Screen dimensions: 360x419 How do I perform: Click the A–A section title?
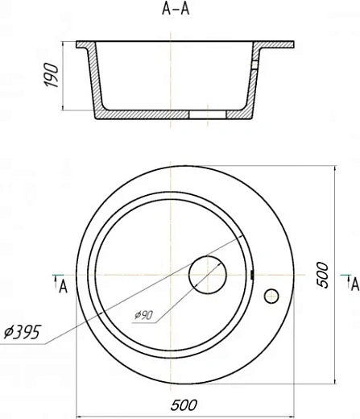(176, 9)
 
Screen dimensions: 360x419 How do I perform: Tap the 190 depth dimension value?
(51, 75)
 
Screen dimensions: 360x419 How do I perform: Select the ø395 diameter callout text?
(23, 332)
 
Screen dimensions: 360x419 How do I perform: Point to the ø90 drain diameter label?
(144, 315)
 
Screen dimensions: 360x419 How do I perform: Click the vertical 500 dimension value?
(322, 275)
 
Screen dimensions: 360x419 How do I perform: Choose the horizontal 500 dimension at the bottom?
(184, 405)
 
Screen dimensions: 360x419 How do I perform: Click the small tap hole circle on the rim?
(271, 296)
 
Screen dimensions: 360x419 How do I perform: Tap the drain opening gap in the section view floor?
(208, 114)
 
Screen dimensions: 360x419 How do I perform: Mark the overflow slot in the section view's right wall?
(254, 65)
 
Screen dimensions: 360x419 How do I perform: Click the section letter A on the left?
(63, 286)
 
